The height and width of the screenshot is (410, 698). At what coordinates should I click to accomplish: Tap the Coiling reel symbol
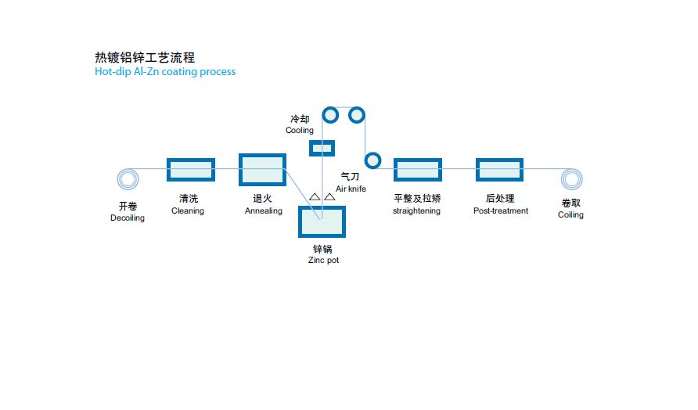(x=572, y=179)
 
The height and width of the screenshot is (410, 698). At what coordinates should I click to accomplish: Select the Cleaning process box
(x=190, y=170)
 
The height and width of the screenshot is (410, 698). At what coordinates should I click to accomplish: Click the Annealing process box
(x=262, y=170)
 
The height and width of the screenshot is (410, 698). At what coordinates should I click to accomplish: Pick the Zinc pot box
(x=322, y=221)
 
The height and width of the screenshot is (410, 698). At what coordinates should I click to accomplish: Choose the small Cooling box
(x=322, y=147)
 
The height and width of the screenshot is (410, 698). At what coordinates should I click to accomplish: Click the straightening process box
(x=418, y=170)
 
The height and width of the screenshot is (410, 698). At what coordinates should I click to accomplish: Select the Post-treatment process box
(x=499, y=170)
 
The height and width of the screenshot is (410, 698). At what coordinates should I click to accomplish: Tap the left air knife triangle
(x=315, y=197)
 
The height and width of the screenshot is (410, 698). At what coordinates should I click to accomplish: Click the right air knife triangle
(x=329, y=197)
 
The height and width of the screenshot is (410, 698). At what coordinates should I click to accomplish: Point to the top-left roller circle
(x=330, y=115)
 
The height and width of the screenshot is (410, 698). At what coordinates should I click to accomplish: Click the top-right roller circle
(x=357, y=115)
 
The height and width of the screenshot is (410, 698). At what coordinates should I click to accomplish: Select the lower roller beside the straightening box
(x=372, y=160)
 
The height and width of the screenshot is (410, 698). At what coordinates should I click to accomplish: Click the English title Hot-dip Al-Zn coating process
(x=165, y=71)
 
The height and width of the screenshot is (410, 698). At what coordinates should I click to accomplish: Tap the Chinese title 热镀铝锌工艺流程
(x=145, y=57)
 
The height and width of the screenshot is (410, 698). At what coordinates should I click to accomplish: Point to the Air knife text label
(x=351, y=189)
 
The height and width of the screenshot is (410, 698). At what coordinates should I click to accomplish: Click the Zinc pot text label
(x=323, y=260)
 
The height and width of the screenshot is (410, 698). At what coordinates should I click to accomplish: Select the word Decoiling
(x=128, y=218)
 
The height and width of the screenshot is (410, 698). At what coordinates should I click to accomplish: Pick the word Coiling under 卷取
(x=570, y=215)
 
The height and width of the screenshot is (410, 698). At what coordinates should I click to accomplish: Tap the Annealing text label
(x=264, y=211)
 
